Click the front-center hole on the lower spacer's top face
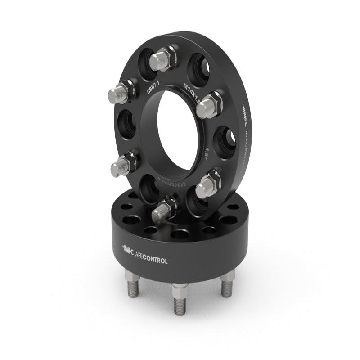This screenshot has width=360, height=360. tap(180, 234)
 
